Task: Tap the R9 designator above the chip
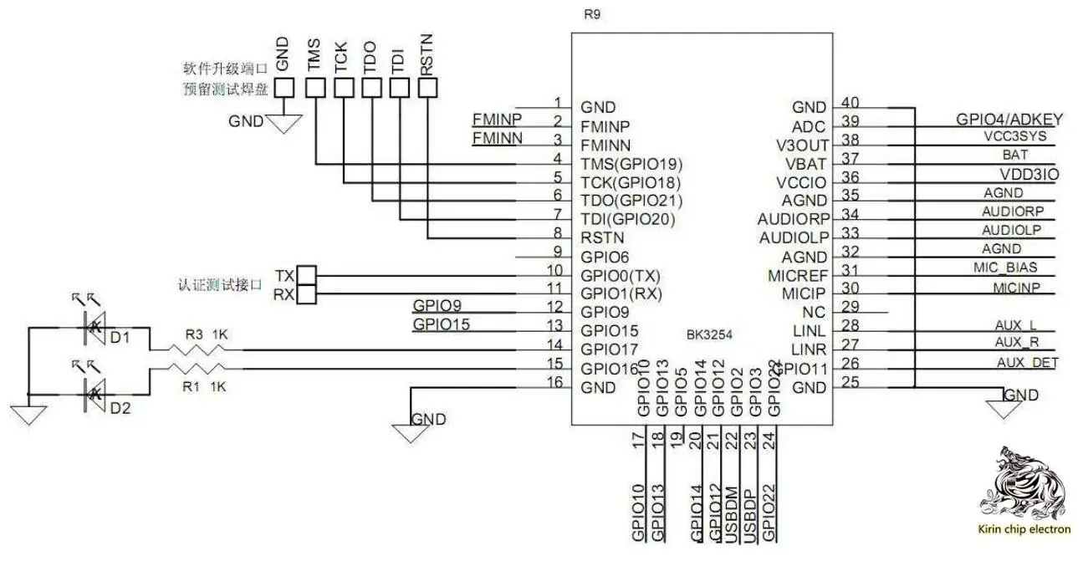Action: pos(592,14)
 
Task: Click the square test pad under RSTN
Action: pos(427,87)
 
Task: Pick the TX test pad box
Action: pos(308,275)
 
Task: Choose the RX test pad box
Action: pos(308,293)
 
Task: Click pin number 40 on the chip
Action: pos(851,103)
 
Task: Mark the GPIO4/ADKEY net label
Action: pos(1009,119)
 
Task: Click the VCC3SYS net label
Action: pos(1015,137)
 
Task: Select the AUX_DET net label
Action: pos(1027,362)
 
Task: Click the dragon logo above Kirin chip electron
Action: pos(1024,484)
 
